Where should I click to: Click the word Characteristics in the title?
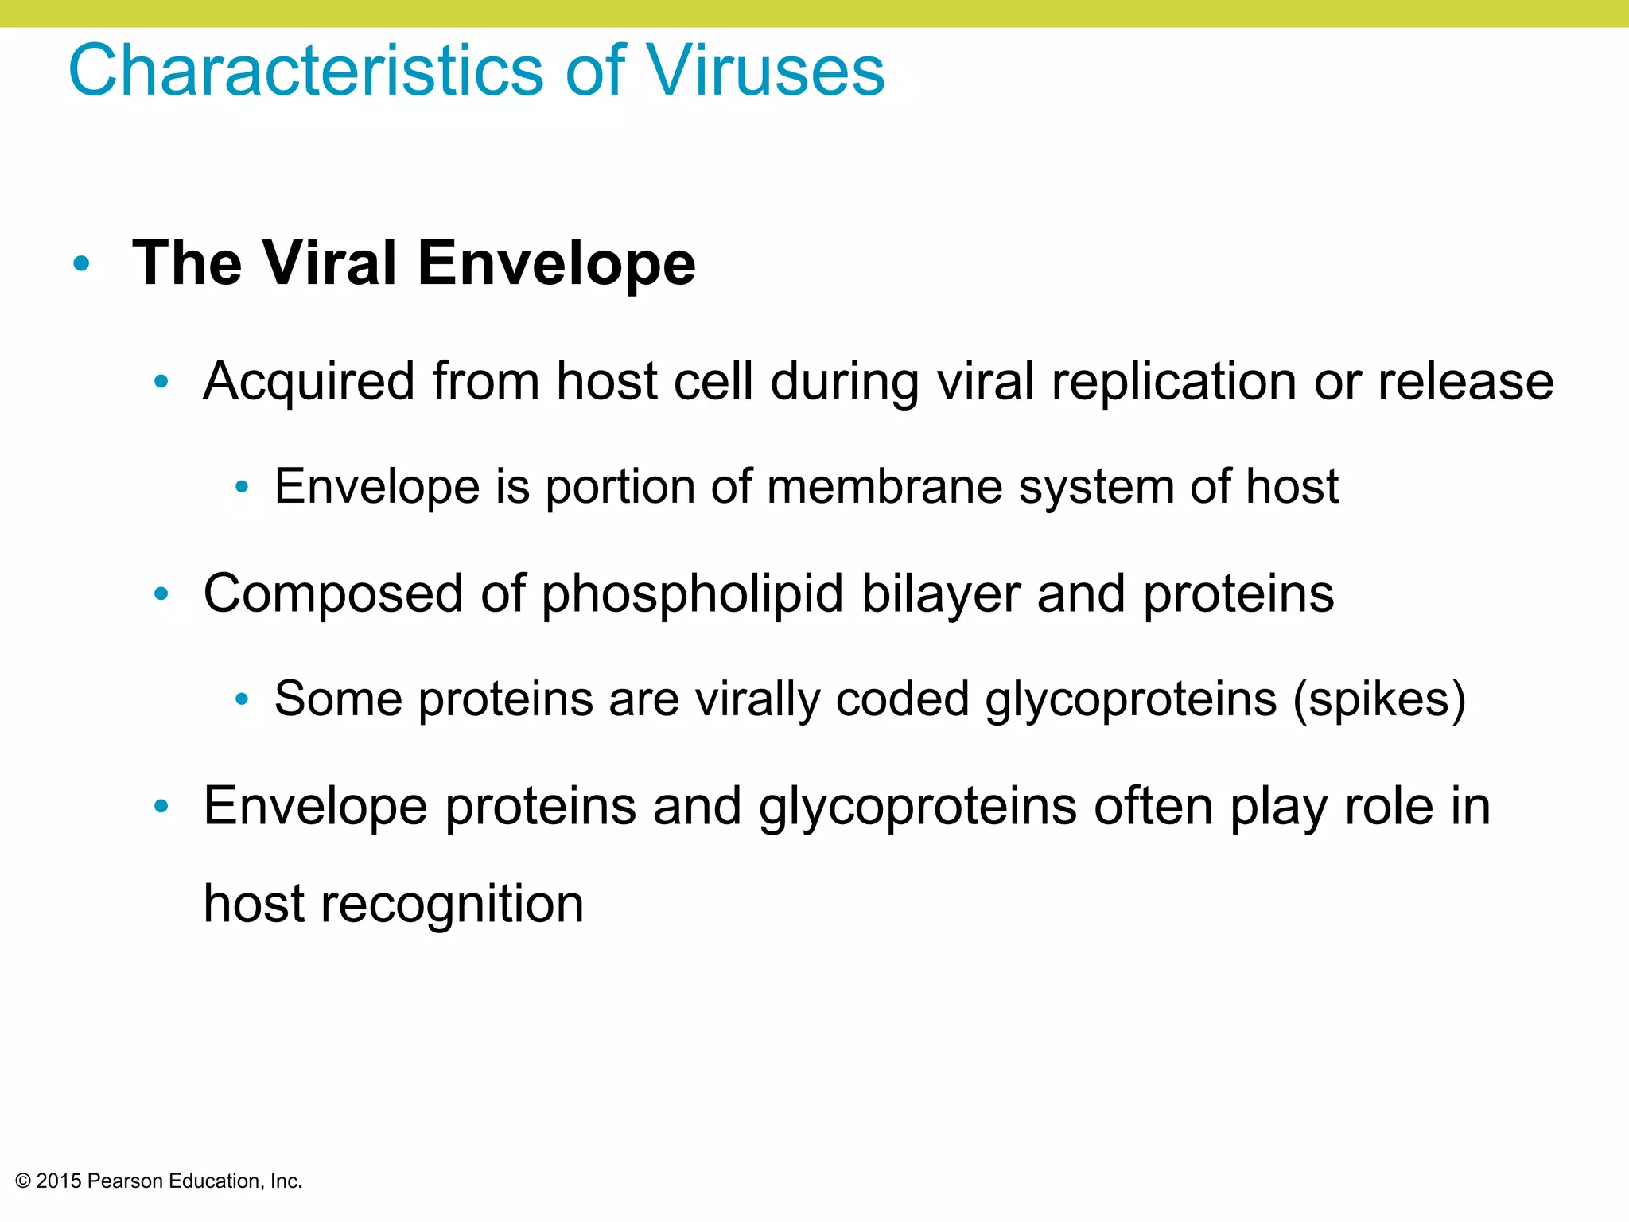[306, 71]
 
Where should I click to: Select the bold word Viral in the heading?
[329, 263]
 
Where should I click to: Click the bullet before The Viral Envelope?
[81, 263]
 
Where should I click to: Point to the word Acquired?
[309, 381]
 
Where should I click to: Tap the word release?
[1465, 381]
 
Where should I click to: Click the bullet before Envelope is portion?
[243, 487]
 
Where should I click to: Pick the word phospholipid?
[692, 593]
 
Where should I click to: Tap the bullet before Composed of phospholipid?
[161, 593]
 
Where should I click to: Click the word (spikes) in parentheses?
[1379, 699]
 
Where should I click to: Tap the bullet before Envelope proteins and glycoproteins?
[161, 806]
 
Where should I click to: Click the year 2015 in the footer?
[59, 1181]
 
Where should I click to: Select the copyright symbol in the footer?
[23, 1181]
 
